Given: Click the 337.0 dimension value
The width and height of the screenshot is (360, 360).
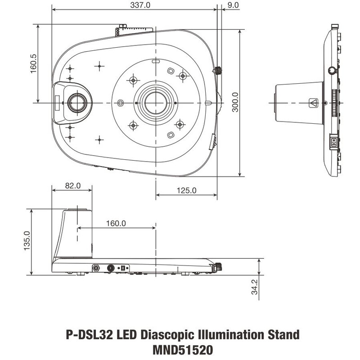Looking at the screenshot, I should [x=135, y=5].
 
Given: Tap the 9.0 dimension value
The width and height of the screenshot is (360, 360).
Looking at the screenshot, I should [x=233, y=5].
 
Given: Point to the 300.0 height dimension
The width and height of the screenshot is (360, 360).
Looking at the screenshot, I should [x=234, y=103].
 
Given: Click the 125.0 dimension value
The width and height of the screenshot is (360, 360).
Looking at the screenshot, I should [x=186, y=190].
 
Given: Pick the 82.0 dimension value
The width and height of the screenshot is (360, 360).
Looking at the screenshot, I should [x=72, y=185].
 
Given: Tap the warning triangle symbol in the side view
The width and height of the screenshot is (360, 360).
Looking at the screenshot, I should [x=314, y=103].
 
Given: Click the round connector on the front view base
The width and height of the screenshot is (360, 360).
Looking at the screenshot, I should [x=96, y=267].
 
